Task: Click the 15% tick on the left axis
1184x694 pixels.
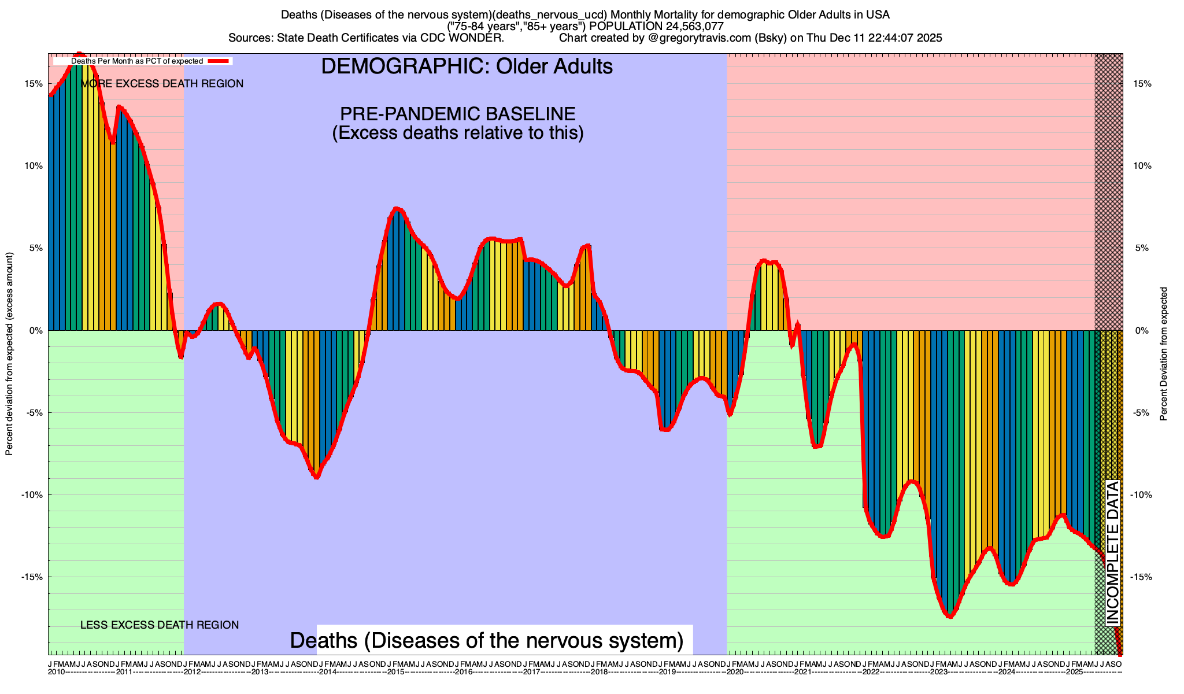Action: pos(34,83)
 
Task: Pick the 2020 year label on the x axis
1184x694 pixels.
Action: pos(735,672)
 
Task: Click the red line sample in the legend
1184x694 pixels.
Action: pos(220,61)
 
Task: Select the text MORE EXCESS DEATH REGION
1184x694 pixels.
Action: pos(162,84)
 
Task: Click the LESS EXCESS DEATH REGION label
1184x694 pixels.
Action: pos(159,625)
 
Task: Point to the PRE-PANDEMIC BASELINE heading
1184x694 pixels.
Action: pos(457,113)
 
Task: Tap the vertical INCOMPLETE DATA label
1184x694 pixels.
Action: pos(1113,552)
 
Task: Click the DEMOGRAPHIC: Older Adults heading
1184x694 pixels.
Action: pos(467,67)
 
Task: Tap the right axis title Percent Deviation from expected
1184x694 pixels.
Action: pos(1164,354)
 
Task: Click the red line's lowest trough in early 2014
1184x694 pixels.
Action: pos(316,477)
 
